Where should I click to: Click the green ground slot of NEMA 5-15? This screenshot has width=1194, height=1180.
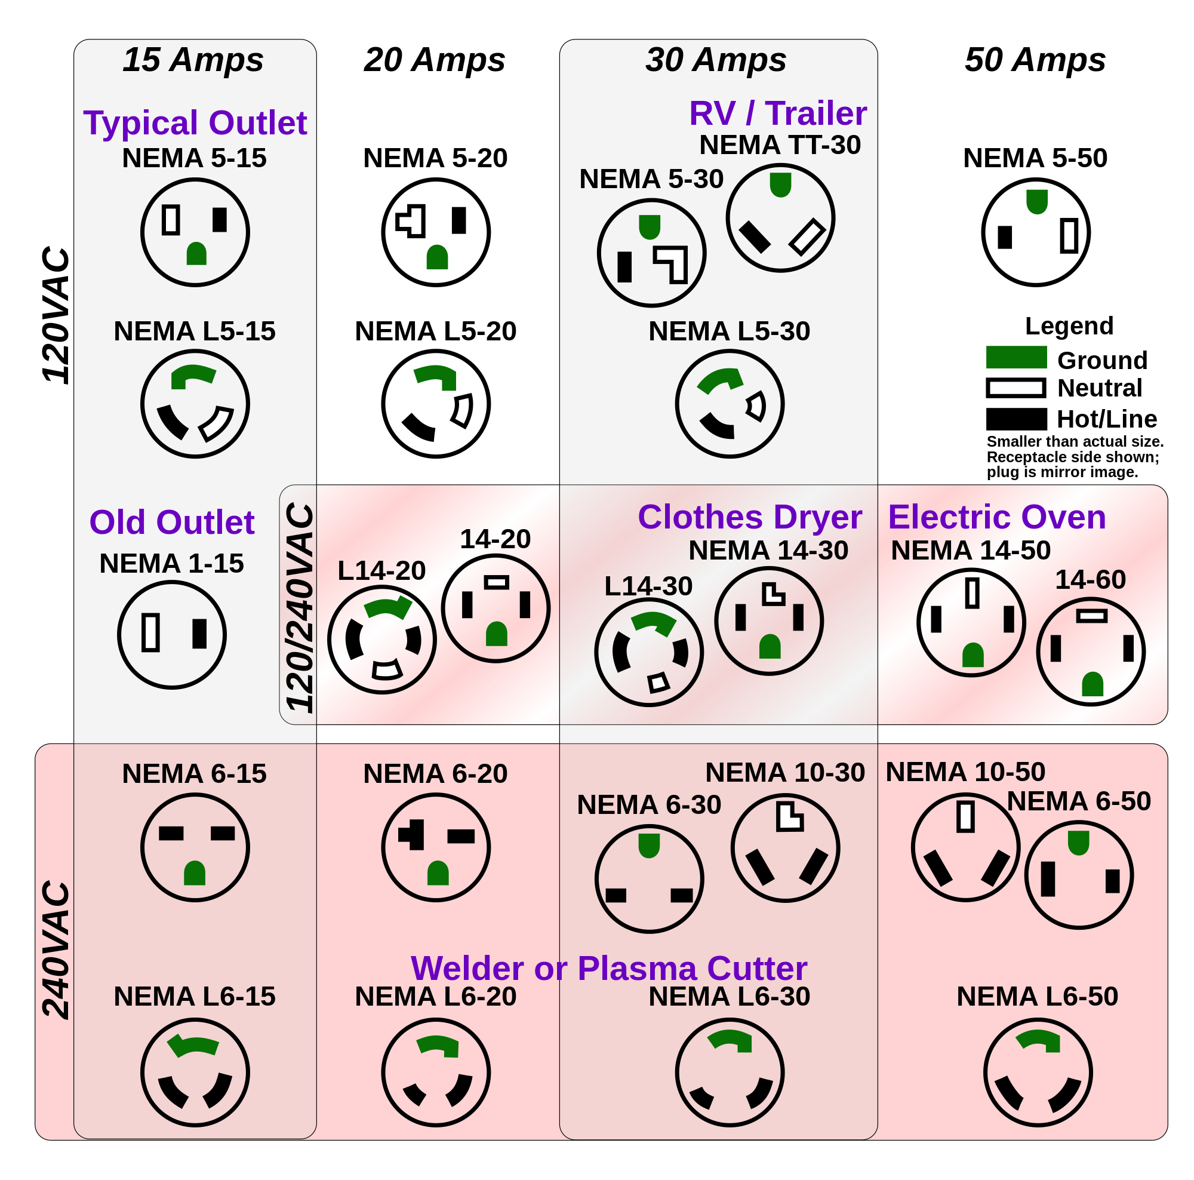[x=196, y=254]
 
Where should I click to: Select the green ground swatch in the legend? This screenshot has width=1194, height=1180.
[x=1016, y=357]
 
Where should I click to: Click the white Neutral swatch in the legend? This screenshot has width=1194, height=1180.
[x=1016, y=388]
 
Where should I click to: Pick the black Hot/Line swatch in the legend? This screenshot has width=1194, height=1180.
[x=1016, y=419]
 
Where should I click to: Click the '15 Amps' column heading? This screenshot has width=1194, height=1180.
[x=193, y=60]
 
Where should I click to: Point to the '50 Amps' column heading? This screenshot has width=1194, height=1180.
[x=1035, y=60]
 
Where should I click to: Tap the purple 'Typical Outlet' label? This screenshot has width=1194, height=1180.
[x=195, y=122]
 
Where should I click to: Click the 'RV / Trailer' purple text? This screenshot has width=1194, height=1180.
[x=777, y=113]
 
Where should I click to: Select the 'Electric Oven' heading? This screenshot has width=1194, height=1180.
[x=996, y=517]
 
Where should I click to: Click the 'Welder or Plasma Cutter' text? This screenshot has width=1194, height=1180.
[x=609, y=968]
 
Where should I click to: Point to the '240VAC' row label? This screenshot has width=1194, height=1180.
[x=56, y=950]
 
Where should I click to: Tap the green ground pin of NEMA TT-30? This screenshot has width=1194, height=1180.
[x=780, y=184]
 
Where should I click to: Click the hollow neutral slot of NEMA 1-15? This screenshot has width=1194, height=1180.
[x=151, y=632]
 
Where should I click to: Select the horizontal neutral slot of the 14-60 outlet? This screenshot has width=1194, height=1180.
[x=1091, y=616]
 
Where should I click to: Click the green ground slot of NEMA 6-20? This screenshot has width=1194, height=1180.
[x=438, y=874]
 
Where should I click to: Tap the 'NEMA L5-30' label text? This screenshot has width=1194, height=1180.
[x=730, y=331]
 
